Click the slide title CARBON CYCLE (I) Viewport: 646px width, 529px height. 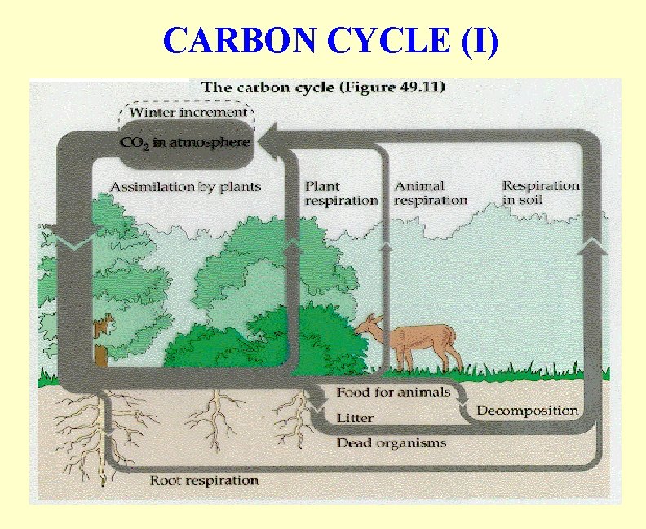(330, 40)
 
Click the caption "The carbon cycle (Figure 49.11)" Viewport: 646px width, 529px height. (323, 87)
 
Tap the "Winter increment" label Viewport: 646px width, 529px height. (188, 112)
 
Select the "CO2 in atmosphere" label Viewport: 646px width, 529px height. (180, 141)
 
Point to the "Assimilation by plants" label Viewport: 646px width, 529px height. (186, 187)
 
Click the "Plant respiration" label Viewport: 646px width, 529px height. (341, 193)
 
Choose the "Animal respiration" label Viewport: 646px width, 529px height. (430, 193)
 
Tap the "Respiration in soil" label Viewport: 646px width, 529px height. (540, 193)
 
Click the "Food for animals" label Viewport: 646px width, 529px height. (393, 393)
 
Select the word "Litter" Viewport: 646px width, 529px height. (355, 418)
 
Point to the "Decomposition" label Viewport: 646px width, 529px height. (527, 411)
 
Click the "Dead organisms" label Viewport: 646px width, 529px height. (392, 442)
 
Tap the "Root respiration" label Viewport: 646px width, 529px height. (204, 480)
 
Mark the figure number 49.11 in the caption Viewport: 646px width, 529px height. (416, 87)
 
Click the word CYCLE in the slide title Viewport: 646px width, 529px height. (392, 40)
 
